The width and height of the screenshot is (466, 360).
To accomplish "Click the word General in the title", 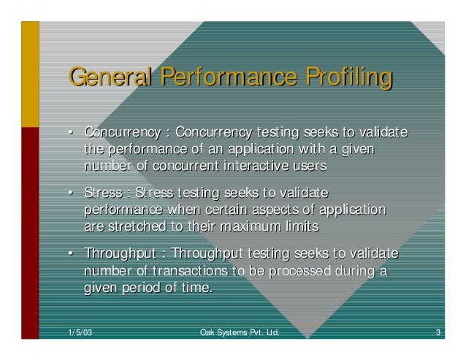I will (x=110, y=77).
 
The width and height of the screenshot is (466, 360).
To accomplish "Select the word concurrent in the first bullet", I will (x=185, y=166).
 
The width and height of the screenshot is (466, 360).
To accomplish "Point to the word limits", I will (x=302, y=226).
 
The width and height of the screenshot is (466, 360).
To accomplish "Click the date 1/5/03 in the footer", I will (x=79, y=334).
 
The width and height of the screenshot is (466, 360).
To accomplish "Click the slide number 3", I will (x=437, y=334).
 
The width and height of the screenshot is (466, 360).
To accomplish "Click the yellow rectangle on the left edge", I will (x=30, y=74).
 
